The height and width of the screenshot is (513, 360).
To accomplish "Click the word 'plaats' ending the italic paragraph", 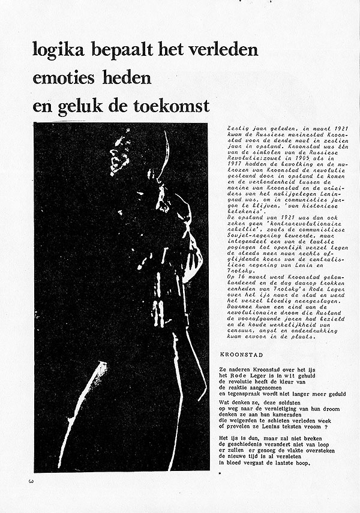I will pos(312,337).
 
